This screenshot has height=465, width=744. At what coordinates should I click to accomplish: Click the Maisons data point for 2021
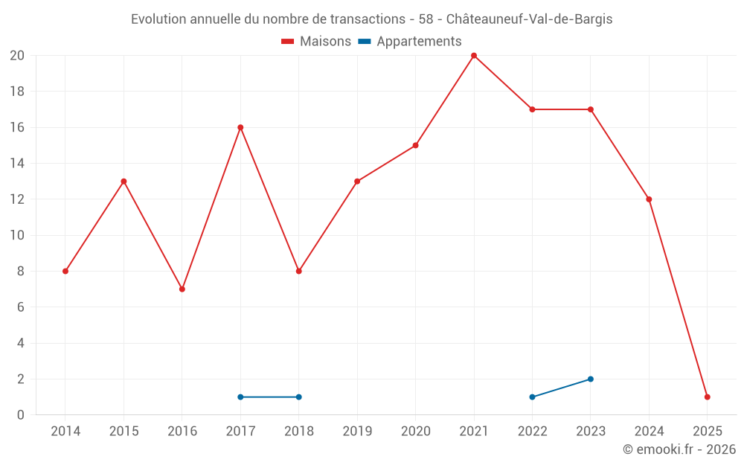point(474,56)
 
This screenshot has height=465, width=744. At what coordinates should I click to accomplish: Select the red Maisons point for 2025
point(707,397)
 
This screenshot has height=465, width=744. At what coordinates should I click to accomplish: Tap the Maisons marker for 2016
point(182,289)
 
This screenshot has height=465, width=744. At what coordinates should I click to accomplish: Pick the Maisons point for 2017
point(240,127)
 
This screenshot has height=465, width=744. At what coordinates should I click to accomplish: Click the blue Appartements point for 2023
point(591,379)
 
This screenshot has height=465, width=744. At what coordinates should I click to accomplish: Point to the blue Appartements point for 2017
point(240,397)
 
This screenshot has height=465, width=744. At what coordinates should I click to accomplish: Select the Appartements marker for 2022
point(532,397)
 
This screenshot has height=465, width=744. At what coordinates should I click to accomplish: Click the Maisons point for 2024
point(649,199)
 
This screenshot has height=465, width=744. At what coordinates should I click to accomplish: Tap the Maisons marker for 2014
point(65,271)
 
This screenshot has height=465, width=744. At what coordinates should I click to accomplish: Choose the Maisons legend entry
point(316,42)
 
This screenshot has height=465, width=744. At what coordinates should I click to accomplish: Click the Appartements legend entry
point(410,42)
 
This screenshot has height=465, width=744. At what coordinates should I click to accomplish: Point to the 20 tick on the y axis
point(17,56)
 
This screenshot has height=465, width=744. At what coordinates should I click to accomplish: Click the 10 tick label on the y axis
point(17,235)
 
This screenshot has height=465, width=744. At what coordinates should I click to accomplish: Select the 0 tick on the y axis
point(21,414)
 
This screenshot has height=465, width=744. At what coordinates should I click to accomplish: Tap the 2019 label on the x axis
point(357,431)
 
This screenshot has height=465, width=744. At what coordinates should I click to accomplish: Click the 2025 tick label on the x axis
point(707,431)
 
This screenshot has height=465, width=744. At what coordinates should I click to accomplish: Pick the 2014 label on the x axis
point(65,431)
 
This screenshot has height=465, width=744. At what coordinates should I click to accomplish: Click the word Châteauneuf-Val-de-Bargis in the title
point(529,19)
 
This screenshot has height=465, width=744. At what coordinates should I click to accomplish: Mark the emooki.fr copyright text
point(679,449)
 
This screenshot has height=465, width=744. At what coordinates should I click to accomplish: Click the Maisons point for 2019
point(357,181)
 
